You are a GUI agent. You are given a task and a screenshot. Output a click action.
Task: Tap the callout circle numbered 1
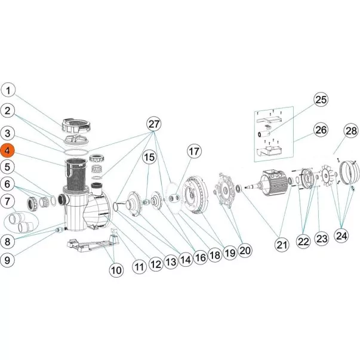coord(8,90)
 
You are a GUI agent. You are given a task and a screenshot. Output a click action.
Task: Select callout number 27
coord(154,124)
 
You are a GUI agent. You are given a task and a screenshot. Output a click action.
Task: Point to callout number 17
coord(194,152)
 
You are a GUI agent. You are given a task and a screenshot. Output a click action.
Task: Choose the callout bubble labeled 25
coord(321,100)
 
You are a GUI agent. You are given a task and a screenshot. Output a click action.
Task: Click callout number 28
coord(351,131)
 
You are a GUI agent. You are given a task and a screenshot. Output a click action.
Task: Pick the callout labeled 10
coord(116,270)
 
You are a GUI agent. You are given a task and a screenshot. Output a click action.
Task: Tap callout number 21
coord(282,245)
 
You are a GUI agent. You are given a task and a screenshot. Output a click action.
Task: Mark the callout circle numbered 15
coord(149,158)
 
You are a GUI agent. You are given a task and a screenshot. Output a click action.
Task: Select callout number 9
coord(7,260)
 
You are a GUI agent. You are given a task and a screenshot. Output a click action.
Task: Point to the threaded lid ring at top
coord(76,126)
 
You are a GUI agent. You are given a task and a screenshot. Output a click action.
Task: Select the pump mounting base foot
coord(92,242)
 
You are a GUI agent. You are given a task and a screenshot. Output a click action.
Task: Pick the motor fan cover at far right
coord(349,173)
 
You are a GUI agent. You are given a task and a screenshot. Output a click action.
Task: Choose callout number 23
coord(321,239)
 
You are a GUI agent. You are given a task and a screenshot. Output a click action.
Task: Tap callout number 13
coord(171,261)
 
